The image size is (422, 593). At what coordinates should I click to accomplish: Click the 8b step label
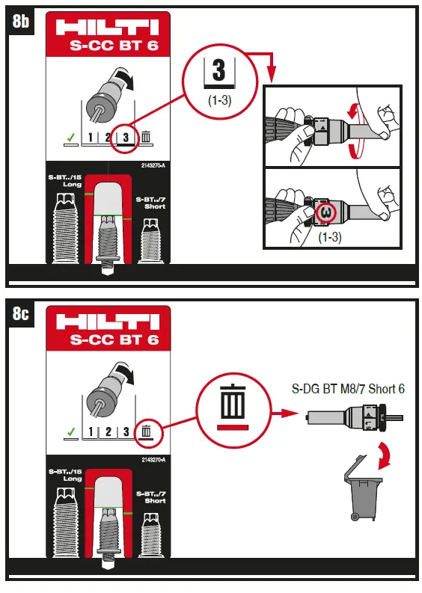[x=21, y=22]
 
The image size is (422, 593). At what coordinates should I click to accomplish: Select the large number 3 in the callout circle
[x=218, y=73]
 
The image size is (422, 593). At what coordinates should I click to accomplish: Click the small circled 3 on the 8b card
[x=126, y=137]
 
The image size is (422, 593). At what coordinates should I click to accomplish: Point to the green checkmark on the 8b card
[x=70, y=138]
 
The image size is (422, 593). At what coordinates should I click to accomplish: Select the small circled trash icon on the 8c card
[x=147, y=431]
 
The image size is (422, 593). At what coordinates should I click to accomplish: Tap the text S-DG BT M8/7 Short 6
[x=349, y=389]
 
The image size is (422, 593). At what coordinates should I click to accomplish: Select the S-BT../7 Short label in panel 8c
[x=154, y=496]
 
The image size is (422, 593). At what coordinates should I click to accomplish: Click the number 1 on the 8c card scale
[x=91, y=431]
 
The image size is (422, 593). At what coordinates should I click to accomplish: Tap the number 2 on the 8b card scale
[x=108, y=138]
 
